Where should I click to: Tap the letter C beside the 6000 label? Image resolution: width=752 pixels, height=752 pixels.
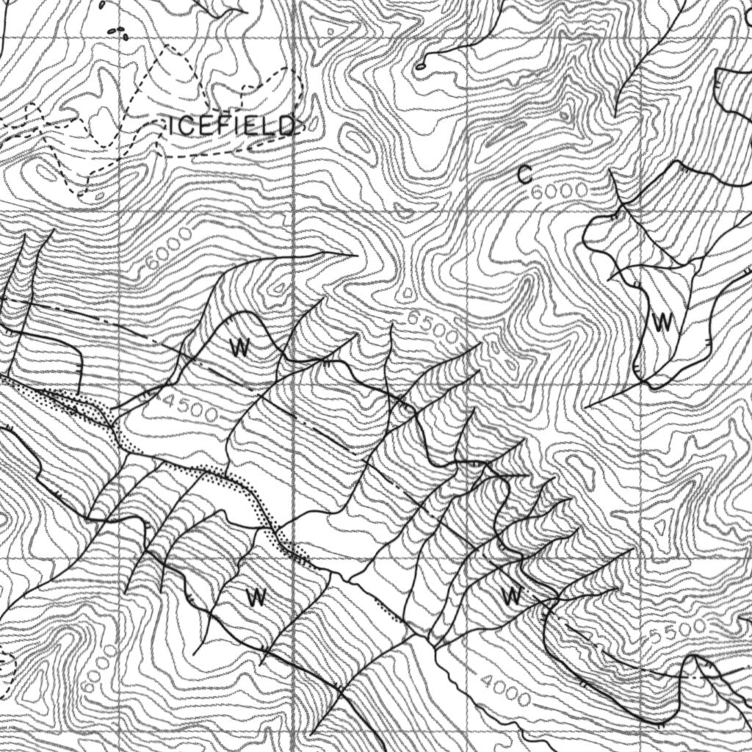(524, 175)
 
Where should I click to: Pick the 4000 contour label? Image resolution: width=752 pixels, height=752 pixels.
(507, 690)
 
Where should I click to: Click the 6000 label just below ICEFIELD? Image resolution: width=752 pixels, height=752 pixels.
(169, 249)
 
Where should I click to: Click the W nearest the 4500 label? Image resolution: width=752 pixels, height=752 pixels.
(239, 348)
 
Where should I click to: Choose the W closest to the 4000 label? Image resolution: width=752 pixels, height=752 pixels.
(513, 596)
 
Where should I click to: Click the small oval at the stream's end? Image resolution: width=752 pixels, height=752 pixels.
(421, 66)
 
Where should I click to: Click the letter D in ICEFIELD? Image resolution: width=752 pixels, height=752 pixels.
(286, 126)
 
